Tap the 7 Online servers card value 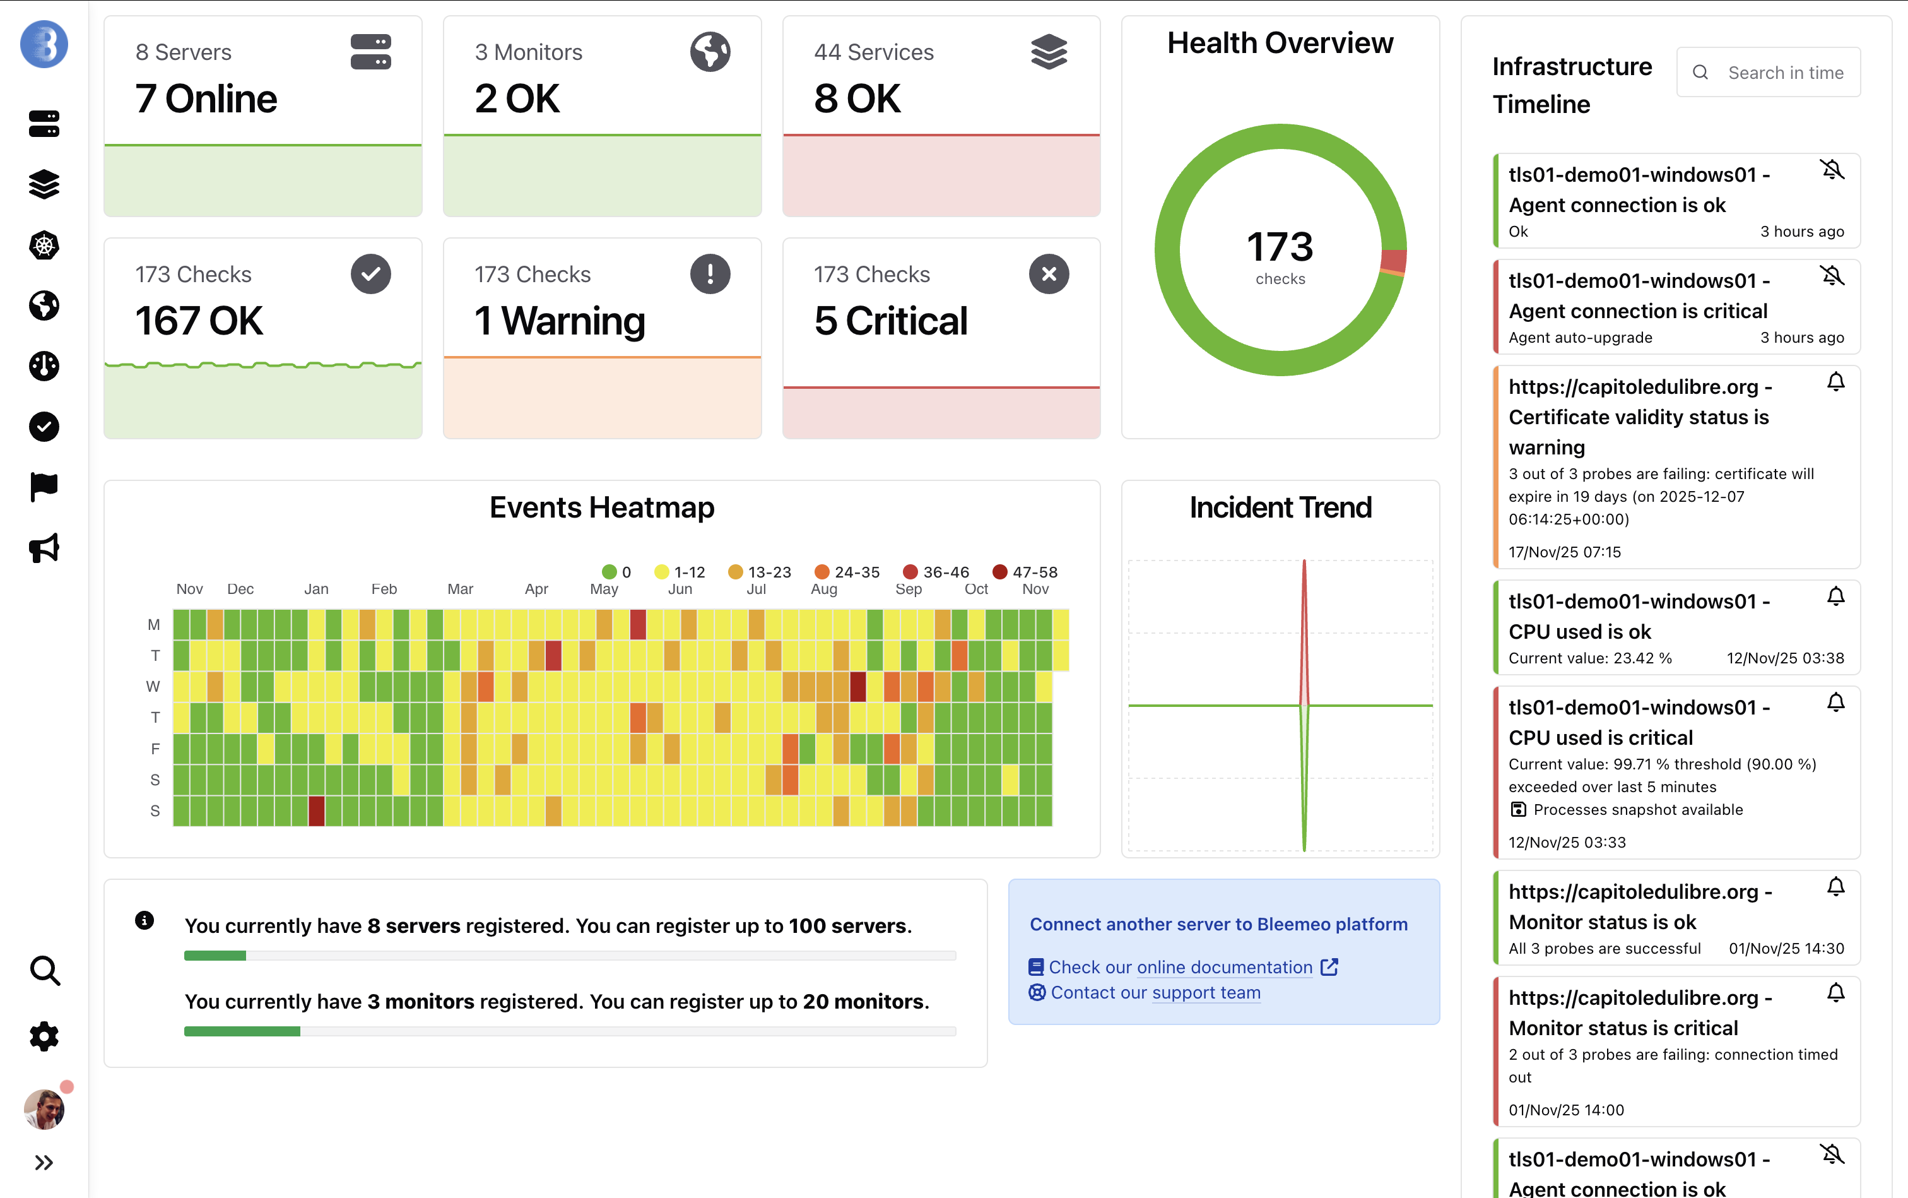(x=206, y=99)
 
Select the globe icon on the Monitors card (x=710, y=52)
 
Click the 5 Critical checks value (x=890, y=321)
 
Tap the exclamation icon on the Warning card (x=710, y=274)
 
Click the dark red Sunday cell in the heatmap (x=316, y=810)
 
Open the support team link (x=1206, y=992)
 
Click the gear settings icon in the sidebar (x=44, y=1036)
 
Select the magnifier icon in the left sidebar (x=44, y=970)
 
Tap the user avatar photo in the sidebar (x=44, y=1109)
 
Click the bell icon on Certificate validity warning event (x=1835, y=382)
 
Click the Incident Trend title (x=1280, y=507)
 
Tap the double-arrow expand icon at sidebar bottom (x=44, y=1163)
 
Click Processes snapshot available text (x=1637, y=810)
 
